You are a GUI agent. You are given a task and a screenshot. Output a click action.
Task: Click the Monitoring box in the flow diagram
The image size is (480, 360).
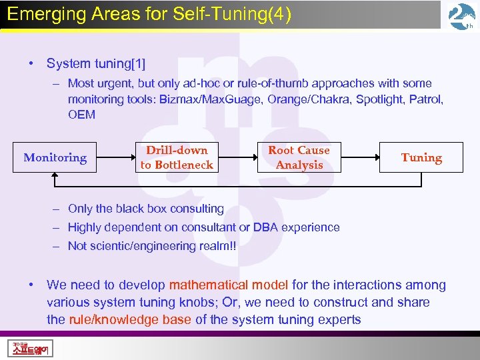pyautogui.click(x=55, y=158)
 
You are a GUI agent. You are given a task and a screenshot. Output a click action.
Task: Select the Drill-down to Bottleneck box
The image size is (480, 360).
pyautogui.click(x=177, y=158)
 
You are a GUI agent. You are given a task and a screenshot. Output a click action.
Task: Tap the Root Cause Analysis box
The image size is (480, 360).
pyautogui.click(x=299, y=158)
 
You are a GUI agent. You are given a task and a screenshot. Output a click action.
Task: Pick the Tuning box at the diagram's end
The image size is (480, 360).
pyautogui.click(x=421, y=158)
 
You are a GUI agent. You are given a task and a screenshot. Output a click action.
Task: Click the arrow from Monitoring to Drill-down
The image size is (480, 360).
pyautogui.click(x=115, y=158)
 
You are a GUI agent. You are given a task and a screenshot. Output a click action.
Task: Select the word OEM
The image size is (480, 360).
pyautogui.click(x=82, y=115)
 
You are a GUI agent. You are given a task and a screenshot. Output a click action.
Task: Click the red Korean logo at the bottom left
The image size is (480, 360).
pyautogui.click(x=31, y=348)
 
